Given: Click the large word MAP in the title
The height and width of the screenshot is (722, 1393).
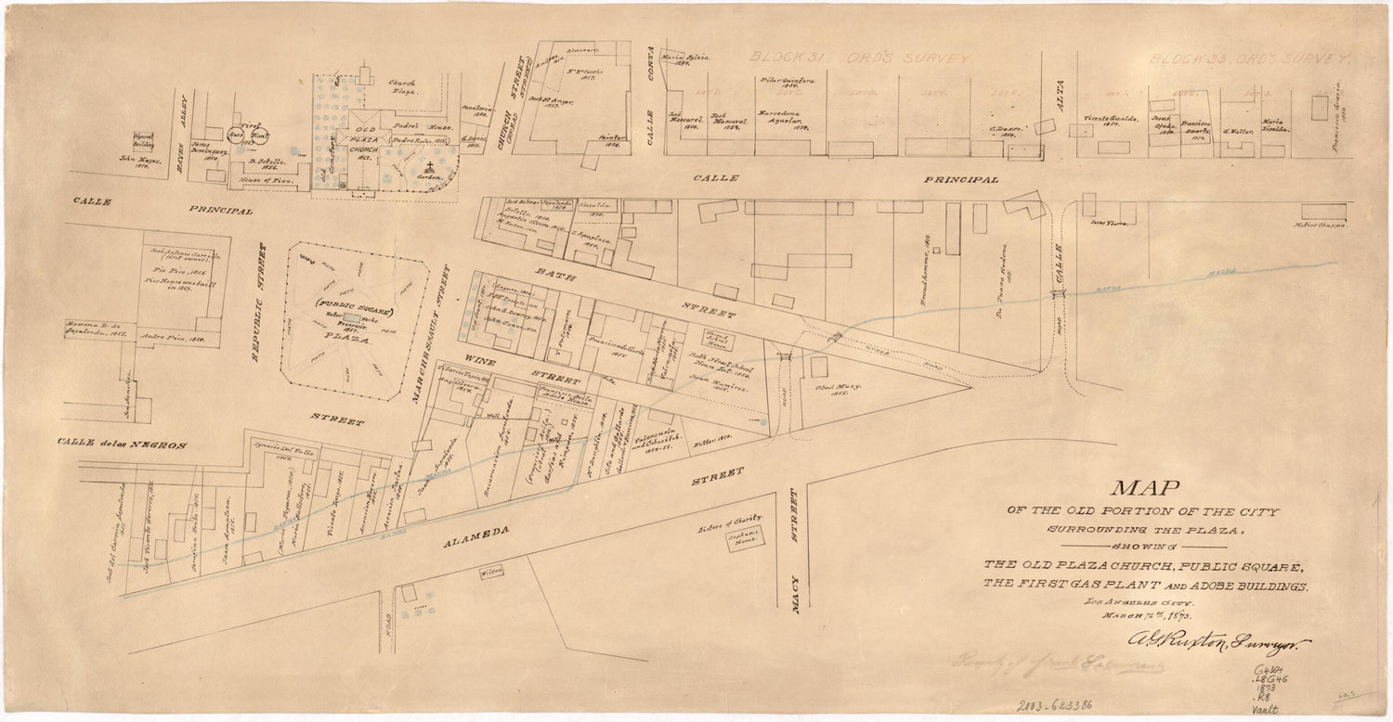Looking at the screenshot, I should (1144, 490).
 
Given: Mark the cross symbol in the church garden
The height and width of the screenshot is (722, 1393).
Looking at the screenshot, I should (431, 169).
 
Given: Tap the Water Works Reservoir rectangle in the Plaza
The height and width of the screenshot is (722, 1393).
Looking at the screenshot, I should (355, 318).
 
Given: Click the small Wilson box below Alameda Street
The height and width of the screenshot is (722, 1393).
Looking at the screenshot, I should (490, 573).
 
